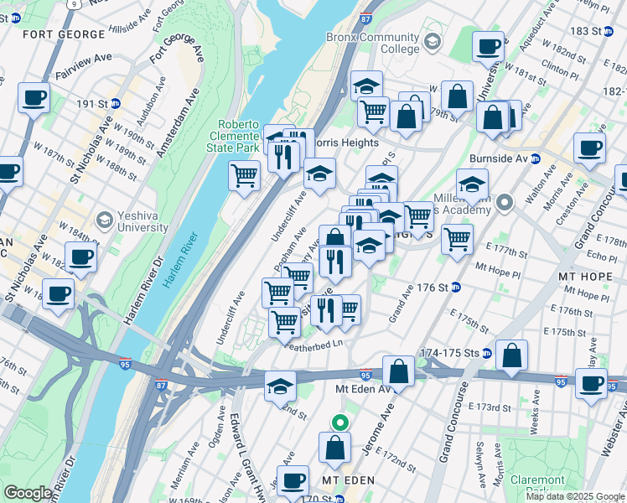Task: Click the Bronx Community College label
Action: (x=385, y=44)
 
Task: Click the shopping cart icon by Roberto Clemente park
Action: (x=244, y=176)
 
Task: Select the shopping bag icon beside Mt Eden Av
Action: (x=399, y=371)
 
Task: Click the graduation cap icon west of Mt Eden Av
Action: (x=280, y=386)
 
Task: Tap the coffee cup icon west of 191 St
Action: (x=34, y=97)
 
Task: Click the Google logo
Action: (x=28, y=493)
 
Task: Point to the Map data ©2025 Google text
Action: (x=574, y=496)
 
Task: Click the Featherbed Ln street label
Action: (x=314, y=345)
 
